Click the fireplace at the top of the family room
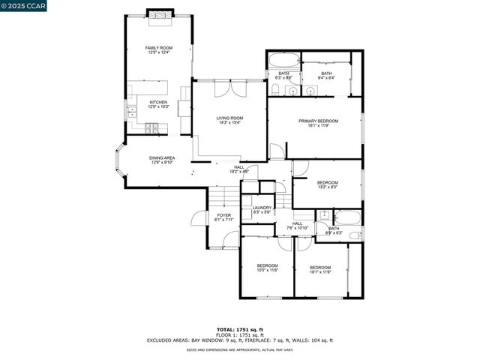[x=158, y=14]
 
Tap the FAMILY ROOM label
[x=158, y=47]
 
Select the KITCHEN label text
[x=158, y=102]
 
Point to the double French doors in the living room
[x=229, y=90]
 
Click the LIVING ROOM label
[x=230, y=118]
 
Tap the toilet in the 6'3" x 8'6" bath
[x=275, y=91]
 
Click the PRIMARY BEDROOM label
[x=318, y=121]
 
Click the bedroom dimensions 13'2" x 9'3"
[x=327, y=187]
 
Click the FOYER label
[x=224, y=215]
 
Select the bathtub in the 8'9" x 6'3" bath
[x=348, y=219]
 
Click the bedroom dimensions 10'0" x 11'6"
[x=268, y=271]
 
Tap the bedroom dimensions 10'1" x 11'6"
[x=320, y=272]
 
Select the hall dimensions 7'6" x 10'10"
[x=297, y=228]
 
